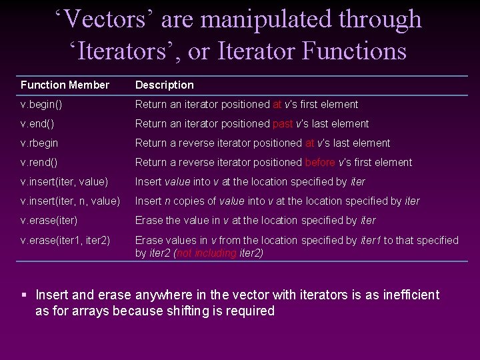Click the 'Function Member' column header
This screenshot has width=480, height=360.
[65, 85]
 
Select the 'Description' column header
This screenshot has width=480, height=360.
[164, 85]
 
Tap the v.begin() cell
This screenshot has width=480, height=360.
[45, 105]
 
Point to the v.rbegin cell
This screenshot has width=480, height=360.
[39, 143]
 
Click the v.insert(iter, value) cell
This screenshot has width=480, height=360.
[65, 182]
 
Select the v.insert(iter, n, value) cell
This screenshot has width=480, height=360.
[71, 201]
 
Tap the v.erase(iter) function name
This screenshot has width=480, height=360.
[49, 221]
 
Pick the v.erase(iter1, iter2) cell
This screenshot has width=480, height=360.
[66, 240]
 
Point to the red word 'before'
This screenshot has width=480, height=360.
[321, 163]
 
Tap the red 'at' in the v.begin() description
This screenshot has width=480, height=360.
[277, 105]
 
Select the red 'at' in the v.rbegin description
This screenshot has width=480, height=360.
[309, 143]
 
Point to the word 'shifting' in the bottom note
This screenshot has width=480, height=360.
[193, 311]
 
